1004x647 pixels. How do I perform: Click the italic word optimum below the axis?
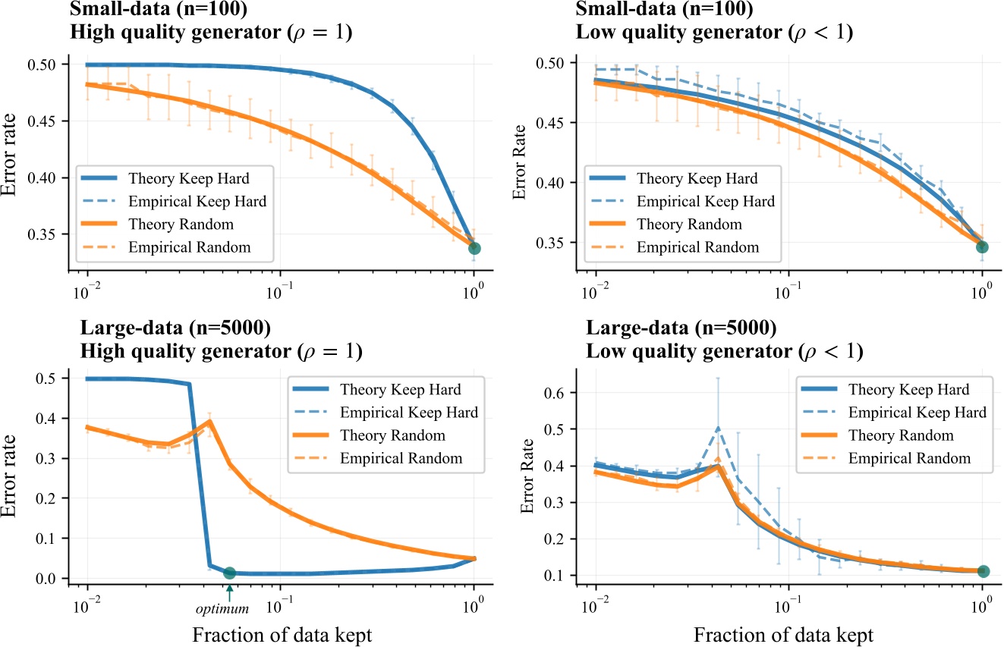[229, 608]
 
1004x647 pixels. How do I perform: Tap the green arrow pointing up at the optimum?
[229, 592]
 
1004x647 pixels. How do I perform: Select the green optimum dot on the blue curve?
[229, 573]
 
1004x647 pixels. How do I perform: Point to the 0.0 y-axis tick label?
[46, 579]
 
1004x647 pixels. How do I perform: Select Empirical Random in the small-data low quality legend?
[697, 247]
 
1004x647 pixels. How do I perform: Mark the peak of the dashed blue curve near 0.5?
[716, 428]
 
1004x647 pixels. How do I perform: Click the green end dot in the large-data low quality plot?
[983, 571]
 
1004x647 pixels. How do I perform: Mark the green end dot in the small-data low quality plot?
[982, 247]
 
